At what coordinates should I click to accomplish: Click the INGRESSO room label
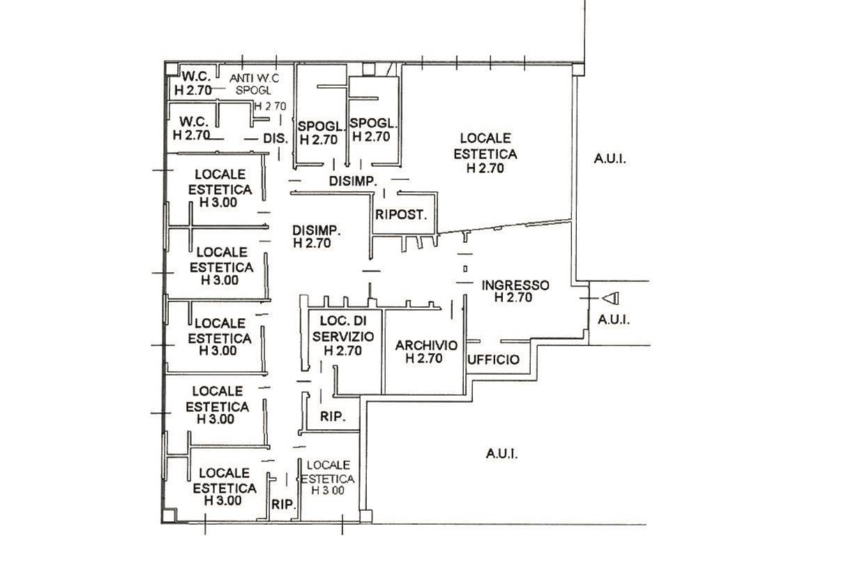(x=515, y=291)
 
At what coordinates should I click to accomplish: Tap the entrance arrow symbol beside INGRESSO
(x=610, y=298)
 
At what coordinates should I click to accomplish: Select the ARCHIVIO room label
(x=425, y=352)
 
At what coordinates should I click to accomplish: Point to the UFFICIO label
(x=493, y=359)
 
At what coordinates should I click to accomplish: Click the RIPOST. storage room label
(x=401, y=214)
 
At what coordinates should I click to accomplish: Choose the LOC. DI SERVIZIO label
(x=342, y=336)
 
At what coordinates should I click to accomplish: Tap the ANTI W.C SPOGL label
(x=254, y=84)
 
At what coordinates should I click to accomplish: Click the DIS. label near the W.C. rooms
(x=275, y=138)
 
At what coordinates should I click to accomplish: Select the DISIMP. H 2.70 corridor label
(x=317, y=237)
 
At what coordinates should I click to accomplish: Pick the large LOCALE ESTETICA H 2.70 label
(x=485, y=154)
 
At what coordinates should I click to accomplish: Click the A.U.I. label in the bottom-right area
(x=501, y=454)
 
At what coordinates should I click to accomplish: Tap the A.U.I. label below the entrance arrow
(x=614, y=320)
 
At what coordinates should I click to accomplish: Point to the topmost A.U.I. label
(x=610, y=158)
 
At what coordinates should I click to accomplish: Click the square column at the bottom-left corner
(x=168, y=516)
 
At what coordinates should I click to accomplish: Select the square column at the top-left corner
(x=172, y=69)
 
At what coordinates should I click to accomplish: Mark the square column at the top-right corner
(x=578, y=69)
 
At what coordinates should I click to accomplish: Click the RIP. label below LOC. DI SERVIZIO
(x=333, y=417)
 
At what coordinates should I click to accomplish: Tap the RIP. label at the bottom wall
(x=284, y=505)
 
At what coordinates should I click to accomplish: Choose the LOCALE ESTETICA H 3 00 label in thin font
(x=328, y=477)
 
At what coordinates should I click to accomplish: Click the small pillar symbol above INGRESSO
(x=465, y=269)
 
